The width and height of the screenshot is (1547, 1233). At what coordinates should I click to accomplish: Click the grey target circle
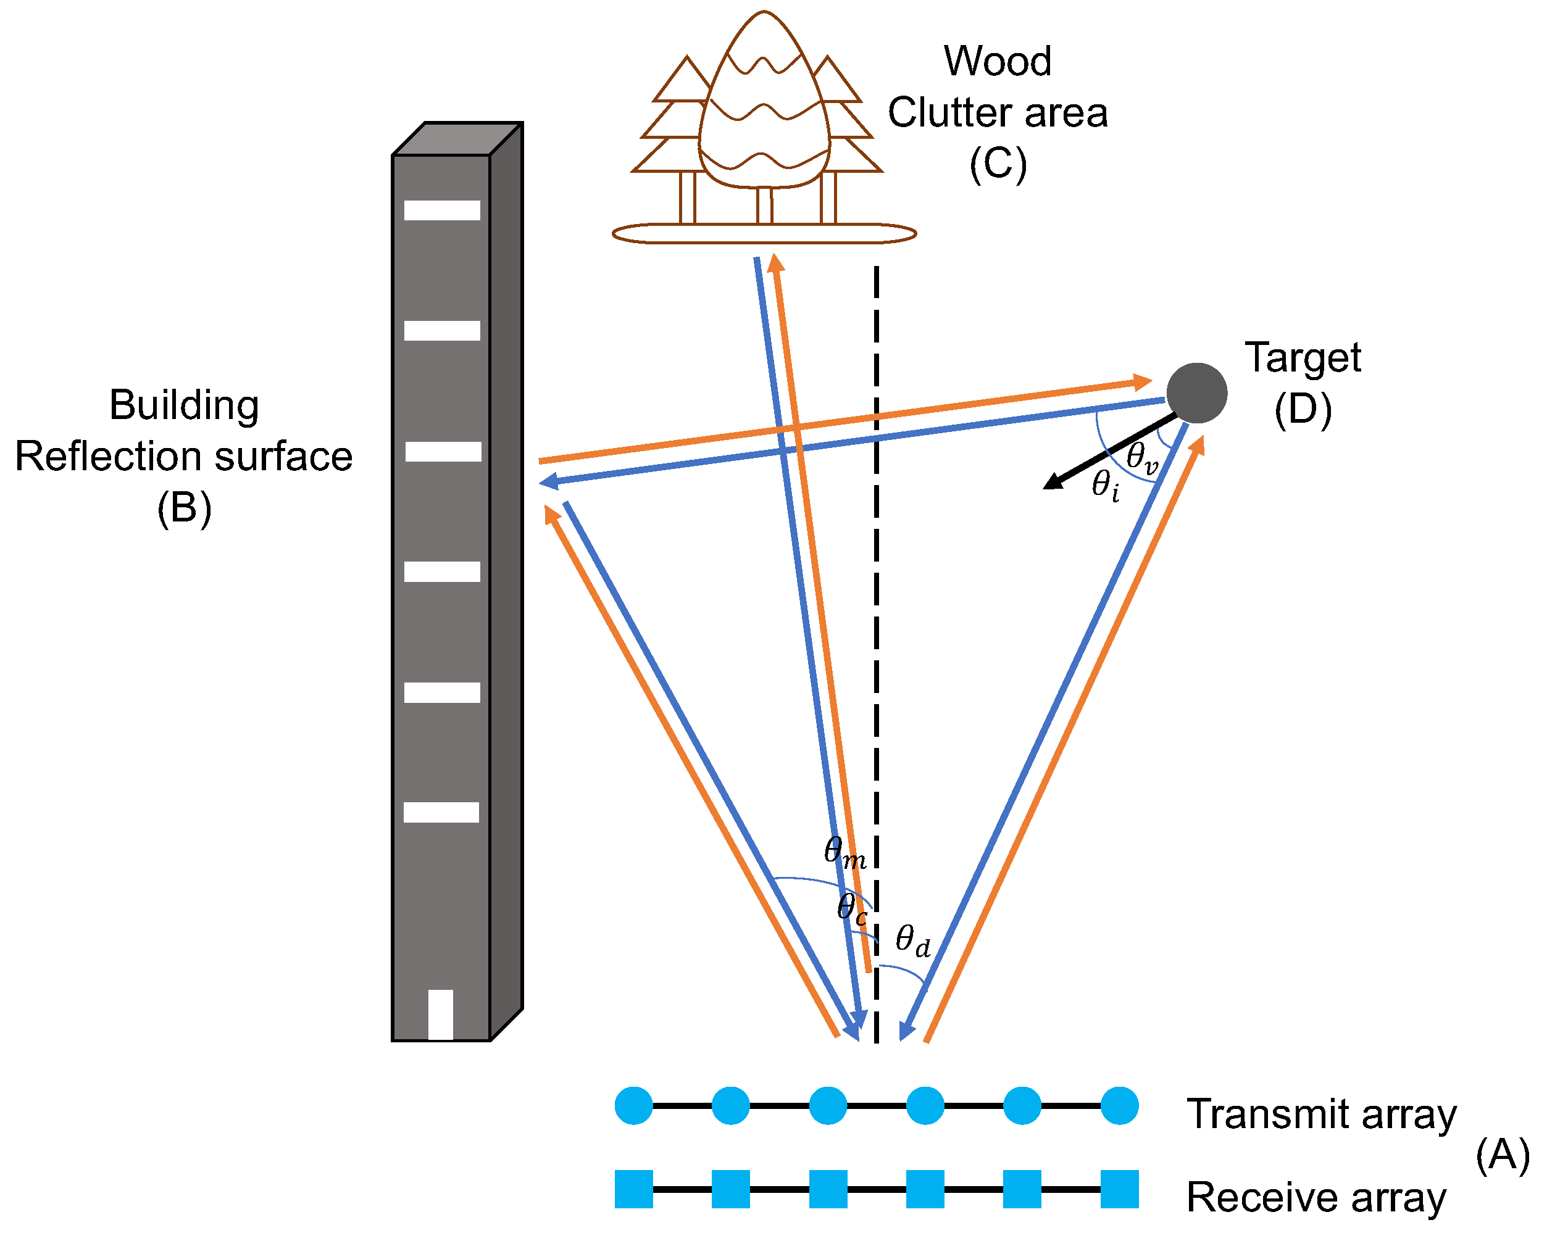(1196, 393)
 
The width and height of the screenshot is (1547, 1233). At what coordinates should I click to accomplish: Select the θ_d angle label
(912, 940)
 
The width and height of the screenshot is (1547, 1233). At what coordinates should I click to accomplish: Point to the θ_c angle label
(851, 908)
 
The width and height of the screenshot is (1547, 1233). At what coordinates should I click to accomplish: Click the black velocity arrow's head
(1052, 482)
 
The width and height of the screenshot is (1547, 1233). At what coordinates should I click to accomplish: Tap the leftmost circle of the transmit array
(633, 1105)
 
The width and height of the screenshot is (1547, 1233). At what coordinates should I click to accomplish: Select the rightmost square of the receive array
(1119, 1189)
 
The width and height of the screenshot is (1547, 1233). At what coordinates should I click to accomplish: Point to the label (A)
(1502, 1155)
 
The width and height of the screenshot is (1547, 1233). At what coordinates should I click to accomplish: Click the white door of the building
(441, 1013)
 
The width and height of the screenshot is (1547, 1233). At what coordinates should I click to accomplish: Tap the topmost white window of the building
(441, 210)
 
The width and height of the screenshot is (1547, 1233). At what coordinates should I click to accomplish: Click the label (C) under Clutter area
(998, 164)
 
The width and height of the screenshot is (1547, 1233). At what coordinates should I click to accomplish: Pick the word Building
(184, 405)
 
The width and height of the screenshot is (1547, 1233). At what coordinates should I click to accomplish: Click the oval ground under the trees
(764, 234)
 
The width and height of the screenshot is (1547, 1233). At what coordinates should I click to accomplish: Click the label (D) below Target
(1303, 410)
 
